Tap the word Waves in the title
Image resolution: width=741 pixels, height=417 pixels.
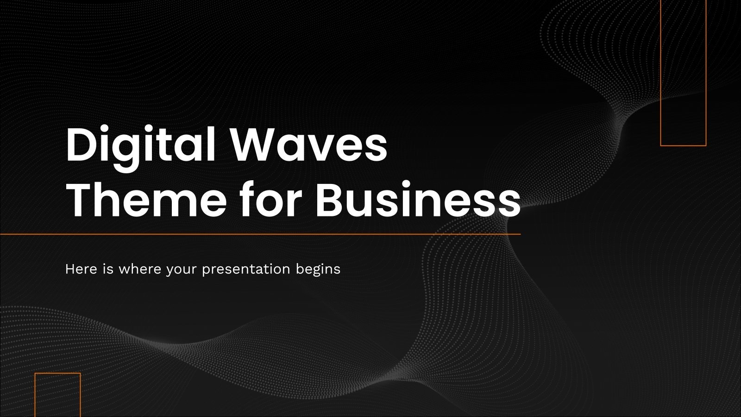(309, 145)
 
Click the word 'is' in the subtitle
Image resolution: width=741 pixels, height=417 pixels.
(108, 269)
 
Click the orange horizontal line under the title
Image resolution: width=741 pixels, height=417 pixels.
(259, 234)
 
